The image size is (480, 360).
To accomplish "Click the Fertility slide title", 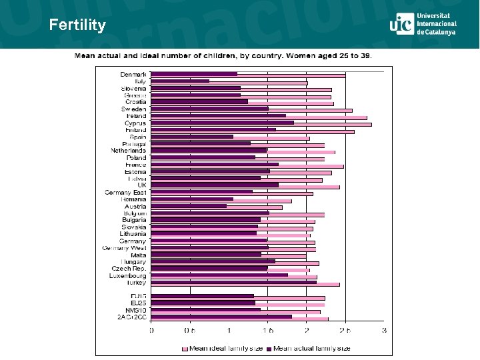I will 77,25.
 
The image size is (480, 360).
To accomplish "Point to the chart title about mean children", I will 223,55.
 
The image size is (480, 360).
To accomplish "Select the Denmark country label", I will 133,74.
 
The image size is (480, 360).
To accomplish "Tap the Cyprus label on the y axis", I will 135,123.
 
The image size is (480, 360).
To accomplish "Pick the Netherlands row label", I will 128,151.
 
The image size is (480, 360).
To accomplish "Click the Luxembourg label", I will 129,275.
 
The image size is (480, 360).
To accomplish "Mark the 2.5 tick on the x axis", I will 345,330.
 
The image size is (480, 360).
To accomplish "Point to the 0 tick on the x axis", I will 151,330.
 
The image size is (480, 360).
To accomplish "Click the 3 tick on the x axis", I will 383,330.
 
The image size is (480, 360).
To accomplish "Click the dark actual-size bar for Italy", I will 180,81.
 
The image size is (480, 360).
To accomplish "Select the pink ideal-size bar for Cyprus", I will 333,125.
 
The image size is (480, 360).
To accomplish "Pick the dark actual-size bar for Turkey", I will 233,281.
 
